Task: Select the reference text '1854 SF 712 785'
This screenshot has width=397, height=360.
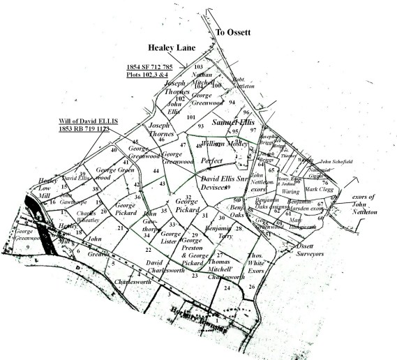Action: point(153,65)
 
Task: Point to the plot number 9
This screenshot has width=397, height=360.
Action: point(27,246)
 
